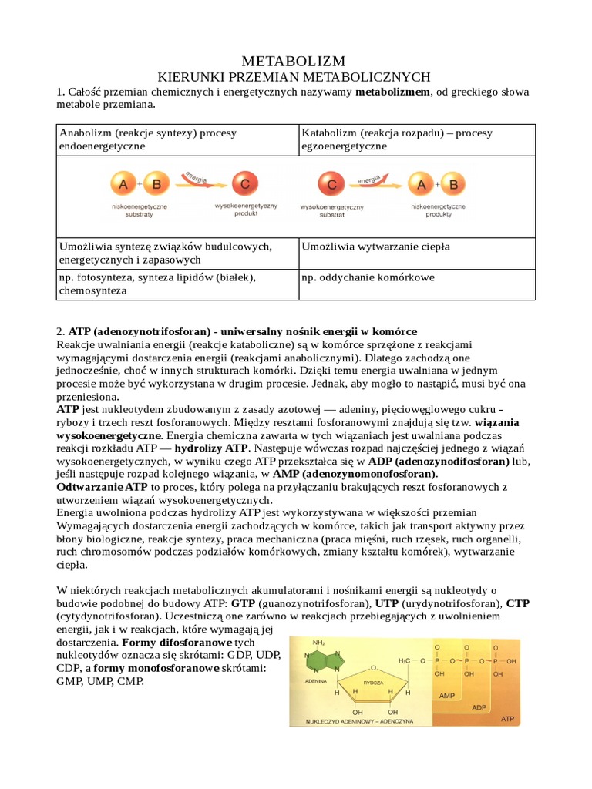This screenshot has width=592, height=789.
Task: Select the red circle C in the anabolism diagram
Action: coord(245,185)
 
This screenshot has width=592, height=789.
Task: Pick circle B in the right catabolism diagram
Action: coord(453,185)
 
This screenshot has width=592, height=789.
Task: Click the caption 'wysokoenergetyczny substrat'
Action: coord(331,212)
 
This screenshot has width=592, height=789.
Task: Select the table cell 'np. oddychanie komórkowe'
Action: coord(368,277)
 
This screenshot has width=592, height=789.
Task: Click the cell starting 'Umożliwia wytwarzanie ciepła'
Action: coord(376,246)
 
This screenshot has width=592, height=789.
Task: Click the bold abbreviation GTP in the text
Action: coord(244,603)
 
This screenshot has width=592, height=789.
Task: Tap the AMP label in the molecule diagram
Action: coord(447,695)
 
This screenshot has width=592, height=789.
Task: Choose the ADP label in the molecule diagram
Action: coord(479,707)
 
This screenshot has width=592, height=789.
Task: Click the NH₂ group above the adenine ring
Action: coord(318,642)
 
